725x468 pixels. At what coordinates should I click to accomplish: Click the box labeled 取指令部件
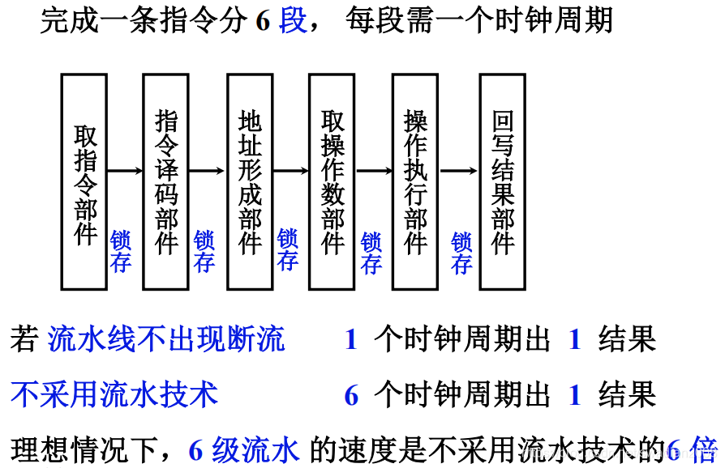point(84,181)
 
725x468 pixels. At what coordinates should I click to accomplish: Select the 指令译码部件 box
point(165,181)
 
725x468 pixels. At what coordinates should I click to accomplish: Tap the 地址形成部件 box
point(250,181)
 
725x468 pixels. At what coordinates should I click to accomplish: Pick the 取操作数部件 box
point(332,181)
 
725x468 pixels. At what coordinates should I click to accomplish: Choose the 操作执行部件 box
point(415,181)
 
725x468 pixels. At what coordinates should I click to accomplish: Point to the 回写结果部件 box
point(502,181)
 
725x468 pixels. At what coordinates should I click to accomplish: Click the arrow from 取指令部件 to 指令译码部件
point(125,171)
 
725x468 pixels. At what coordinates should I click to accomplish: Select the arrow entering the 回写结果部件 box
point(459,171)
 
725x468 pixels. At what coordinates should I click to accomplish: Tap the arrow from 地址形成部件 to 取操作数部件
point(290,171)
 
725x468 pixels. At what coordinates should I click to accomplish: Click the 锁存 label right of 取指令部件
point(121,251)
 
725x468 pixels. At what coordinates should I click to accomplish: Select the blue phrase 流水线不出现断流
point(167,339)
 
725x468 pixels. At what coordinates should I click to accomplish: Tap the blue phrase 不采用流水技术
point(114,394)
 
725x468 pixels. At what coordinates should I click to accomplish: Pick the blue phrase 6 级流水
point(244,450)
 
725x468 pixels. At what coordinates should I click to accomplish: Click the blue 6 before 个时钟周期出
point(351,395)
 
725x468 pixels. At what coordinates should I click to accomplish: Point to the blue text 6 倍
point(693,449)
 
